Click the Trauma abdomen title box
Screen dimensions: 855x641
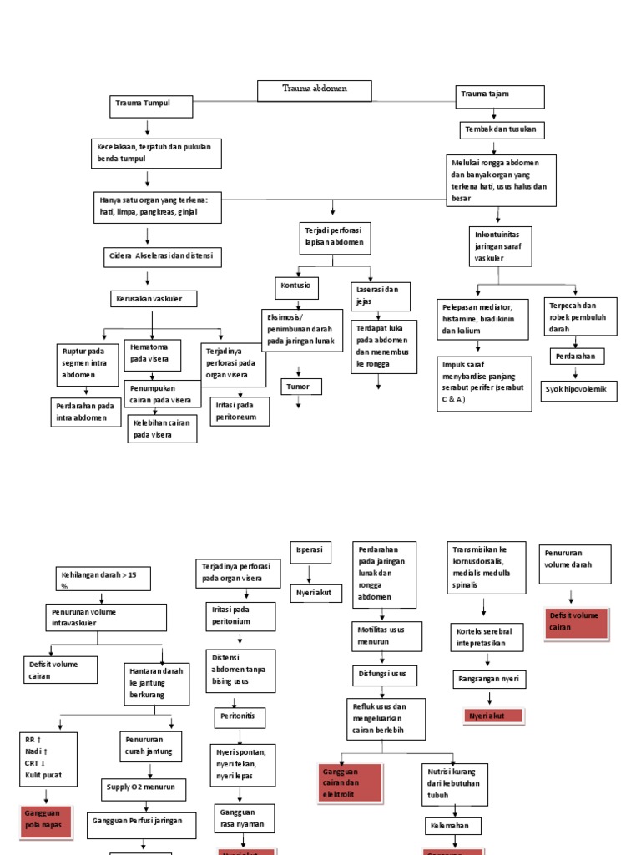point(314,89)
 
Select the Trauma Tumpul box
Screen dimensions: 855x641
point(151,107)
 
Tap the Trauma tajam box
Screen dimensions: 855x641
point(499,96)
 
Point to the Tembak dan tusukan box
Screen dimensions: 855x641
point(502,130)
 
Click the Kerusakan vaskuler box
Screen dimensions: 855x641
point(153,299)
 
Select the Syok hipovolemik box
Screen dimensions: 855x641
point(579,390)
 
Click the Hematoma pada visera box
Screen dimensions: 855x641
point(152,353)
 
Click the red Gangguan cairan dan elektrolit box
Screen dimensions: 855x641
point(351,783)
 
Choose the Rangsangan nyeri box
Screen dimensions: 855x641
point(490,680)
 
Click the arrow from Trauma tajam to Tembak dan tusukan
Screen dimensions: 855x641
point(494,114)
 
